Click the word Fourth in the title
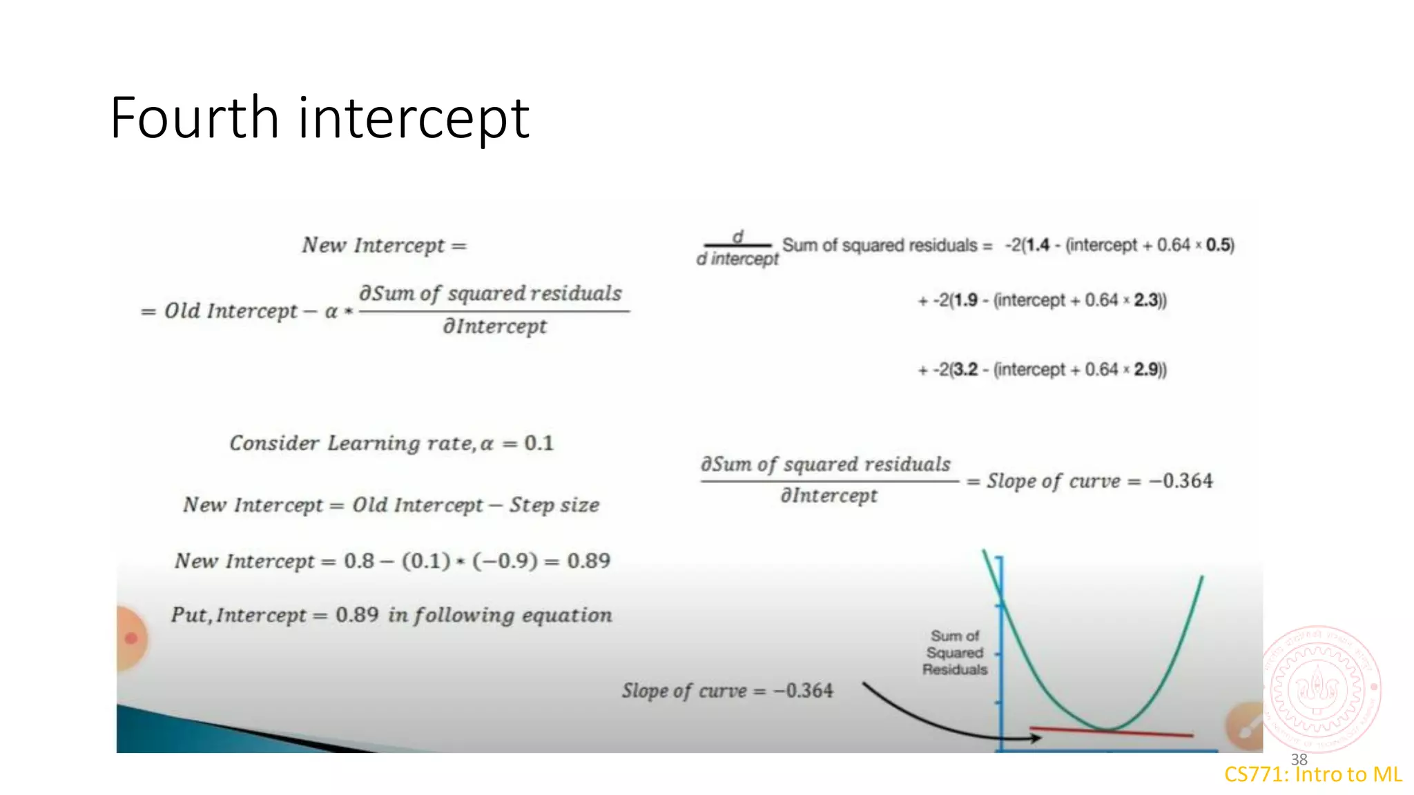(194, 118)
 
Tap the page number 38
(1299, 759)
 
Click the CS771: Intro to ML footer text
(1313, 775)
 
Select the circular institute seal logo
(1321, 689)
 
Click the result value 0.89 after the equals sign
(588, 560)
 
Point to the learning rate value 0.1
(539, 443)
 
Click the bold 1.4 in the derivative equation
(1038, 245)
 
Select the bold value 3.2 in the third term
(965, 370)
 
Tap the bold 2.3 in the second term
(1146, 300)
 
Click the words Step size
(554, 505)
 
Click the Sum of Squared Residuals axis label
(955, 652)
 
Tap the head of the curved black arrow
(1036, 738)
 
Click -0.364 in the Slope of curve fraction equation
(1181, 481)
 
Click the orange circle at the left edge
(131, 638)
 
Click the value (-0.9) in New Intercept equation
(505, 560)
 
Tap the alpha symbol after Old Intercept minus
(331, 312)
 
